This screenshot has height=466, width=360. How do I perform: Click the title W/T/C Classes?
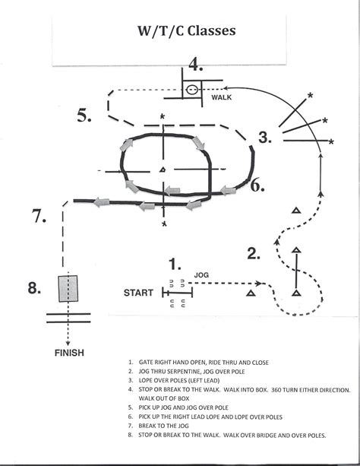[185, 32]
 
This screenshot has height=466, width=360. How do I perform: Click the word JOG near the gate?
[201, 274]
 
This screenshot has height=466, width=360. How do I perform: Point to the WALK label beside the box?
[221, 97]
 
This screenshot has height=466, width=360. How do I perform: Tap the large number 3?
[264, 138]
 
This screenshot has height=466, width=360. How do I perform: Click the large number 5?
[85, 116]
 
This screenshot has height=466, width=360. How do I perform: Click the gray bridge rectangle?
[68, 289]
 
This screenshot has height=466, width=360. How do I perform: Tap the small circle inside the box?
[193, 90]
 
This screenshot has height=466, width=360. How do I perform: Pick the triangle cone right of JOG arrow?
[251, 291]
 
